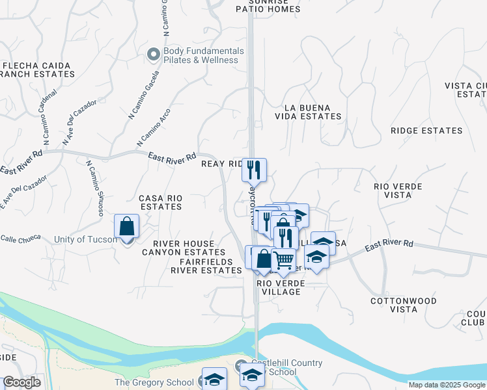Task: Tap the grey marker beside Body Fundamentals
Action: [x=154, y=55]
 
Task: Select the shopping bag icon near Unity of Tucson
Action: [x=127, y=227]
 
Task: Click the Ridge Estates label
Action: [x=426, y=131]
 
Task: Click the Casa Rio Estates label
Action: [x=160, y=202]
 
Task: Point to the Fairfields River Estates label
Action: [x=202, y=266]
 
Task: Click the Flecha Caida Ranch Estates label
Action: [x=39, y=70]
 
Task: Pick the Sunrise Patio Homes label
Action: [x=268, y=6]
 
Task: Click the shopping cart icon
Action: [x=284, y=260]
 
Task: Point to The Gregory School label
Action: [x=154, y=383]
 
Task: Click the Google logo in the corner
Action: [x=21, y=382]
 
